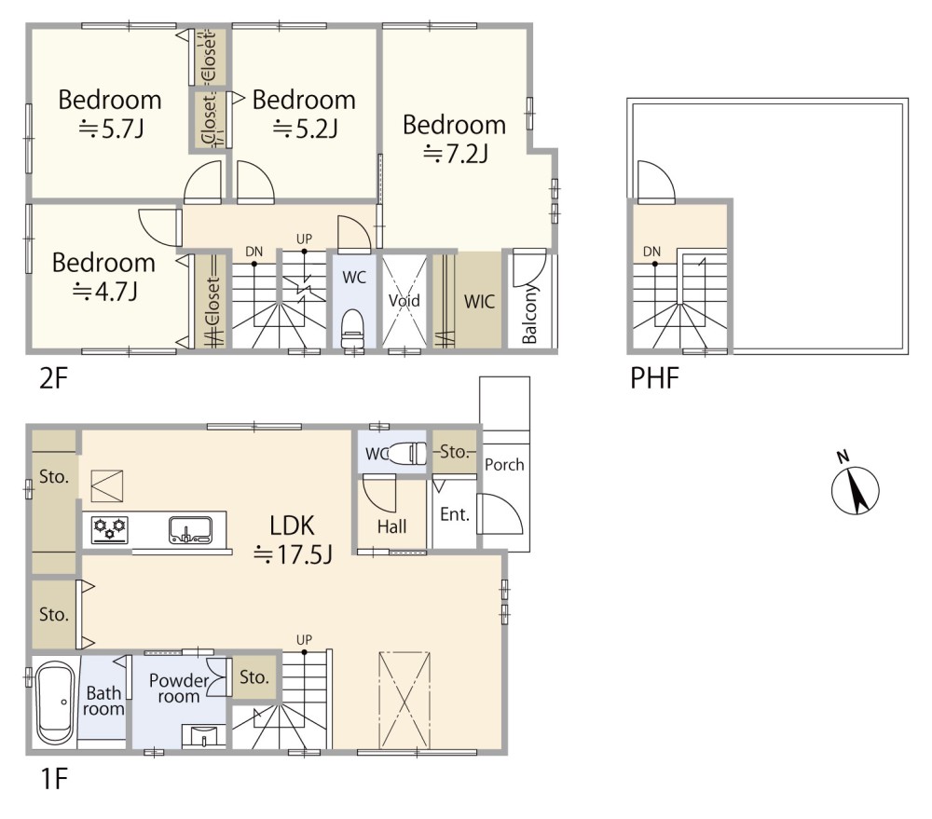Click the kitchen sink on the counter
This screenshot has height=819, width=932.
pos(190,529)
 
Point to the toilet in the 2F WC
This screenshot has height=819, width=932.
pos(352,327)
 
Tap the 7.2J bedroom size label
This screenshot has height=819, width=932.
pos(456,154)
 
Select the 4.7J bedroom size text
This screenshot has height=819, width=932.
pos(105,292)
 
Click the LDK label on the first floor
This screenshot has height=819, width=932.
pos(292,526)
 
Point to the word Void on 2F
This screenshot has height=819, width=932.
pos(404,300)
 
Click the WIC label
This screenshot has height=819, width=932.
pos(479,301)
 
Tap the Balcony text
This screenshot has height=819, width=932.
pos(529,314)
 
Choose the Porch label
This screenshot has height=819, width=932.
pos(504,464)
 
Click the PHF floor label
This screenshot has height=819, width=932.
pos(654,377)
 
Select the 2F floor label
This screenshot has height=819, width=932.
pos(54,378)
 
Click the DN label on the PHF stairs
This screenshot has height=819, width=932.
pos(652,252)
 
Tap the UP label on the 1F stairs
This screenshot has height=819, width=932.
pos(304,640)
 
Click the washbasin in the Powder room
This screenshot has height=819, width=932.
pos(204,736)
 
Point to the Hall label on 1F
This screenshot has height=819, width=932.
pos(391,526)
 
